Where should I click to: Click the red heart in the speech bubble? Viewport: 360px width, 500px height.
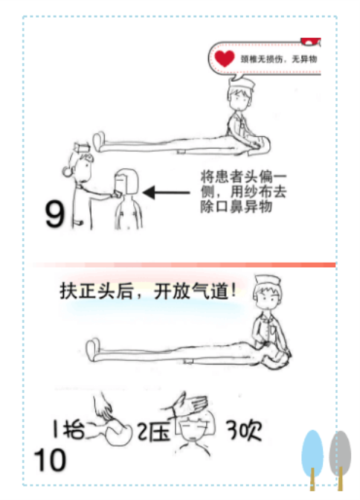[224, 58]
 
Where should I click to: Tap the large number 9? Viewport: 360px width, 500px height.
[55, 214]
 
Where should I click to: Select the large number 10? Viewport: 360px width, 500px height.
[50, 460]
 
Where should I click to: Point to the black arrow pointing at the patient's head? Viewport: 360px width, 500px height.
[166, 192]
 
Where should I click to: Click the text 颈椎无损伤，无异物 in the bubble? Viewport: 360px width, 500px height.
[279, 59]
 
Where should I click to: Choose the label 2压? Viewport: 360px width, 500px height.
[153, 432]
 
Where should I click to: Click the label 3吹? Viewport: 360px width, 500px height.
[244, 430]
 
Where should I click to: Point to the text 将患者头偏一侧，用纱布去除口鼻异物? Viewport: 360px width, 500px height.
[243, 192]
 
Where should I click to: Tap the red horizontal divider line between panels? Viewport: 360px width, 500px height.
[184, 265]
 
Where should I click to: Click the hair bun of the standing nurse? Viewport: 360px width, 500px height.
[67, 172]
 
